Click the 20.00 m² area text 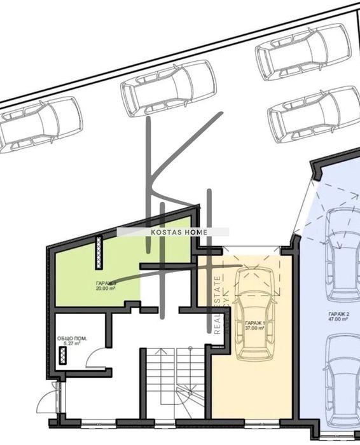pos(106,288)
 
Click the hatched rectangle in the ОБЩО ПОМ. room pos(62,355)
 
